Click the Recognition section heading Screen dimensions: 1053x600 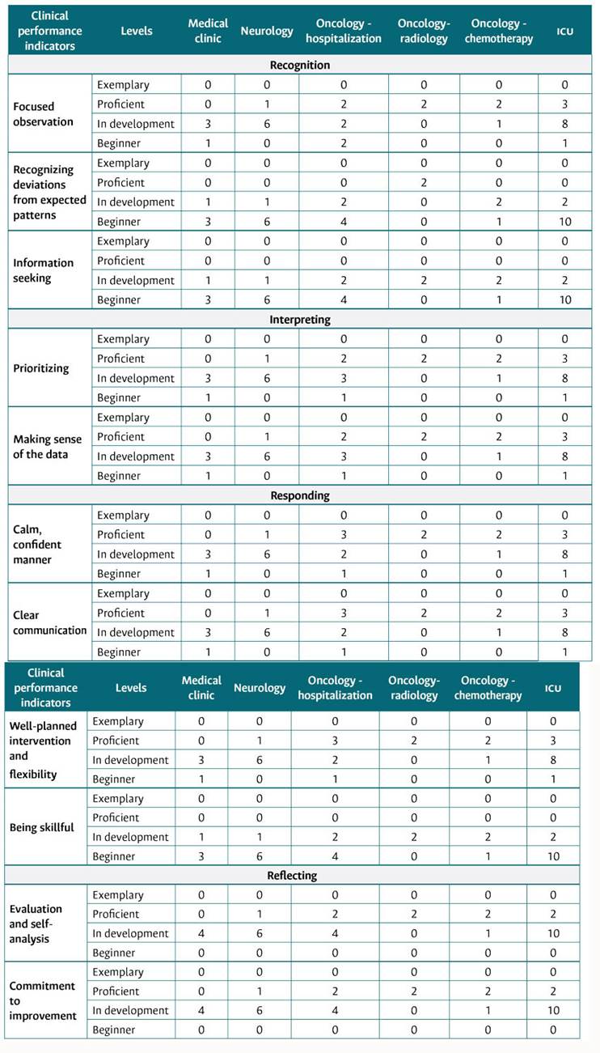click(299, 65)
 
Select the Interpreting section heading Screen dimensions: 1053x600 click(299, 320)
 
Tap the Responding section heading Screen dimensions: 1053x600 click(299, 495)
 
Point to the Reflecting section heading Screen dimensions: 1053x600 click(292, 876)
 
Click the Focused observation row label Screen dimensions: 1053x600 click(44, 114)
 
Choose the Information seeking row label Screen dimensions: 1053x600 click(44, 270)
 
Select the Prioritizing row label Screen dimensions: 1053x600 click(41, 368)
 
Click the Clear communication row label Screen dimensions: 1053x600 click(49, 622)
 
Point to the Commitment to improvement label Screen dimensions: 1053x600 click(42, 1000)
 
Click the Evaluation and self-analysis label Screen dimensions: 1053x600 click(36, 923)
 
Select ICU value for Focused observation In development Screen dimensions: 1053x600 click(565, 124)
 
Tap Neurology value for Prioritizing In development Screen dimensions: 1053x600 click(267, 378)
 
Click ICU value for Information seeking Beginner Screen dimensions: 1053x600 click(565, 299)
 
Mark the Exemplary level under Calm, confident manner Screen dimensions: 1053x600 click(123, 515)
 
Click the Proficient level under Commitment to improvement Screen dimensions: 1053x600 click(119, 991)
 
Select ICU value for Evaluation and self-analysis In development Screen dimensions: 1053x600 click(553, 933)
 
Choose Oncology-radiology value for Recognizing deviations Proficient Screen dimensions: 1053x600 click(424, 182)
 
